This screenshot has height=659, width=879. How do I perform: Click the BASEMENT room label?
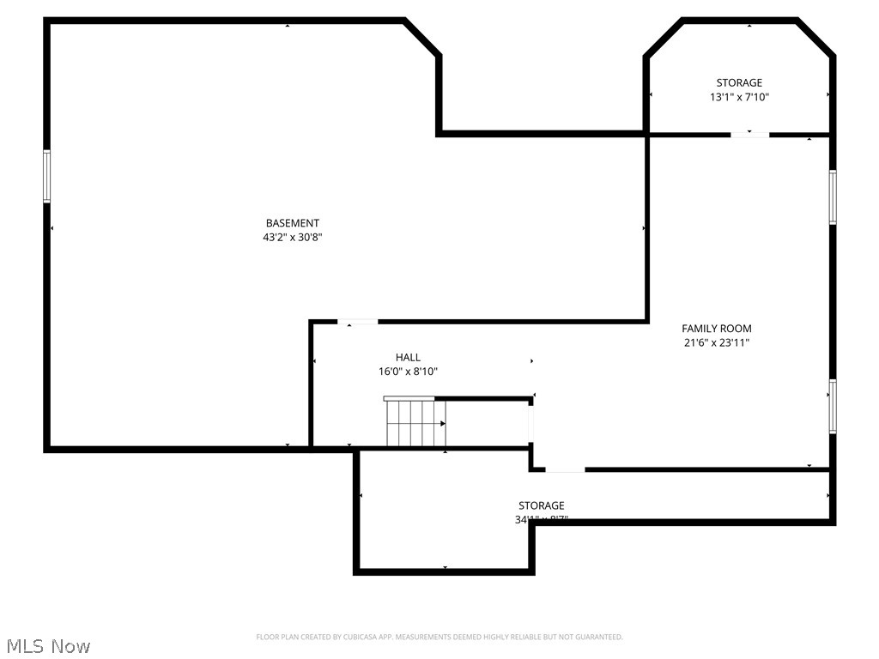click(x=293, y=223)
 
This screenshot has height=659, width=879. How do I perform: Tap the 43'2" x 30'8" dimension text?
click(x=293, y=238)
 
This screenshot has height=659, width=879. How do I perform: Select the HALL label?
click(x=408, y=357)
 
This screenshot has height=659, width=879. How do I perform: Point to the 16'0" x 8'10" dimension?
click(x=408, y=372)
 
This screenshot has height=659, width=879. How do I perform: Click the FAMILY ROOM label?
click(x=717, y=329)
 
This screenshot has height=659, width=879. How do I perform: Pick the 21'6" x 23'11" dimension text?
click(x=717, y=343)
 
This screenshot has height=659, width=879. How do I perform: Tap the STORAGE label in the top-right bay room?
click(x=739, y=83)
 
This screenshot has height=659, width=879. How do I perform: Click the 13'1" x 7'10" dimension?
click(x=739, y=98)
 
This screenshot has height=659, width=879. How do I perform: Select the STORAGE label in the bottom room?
click(x=542, y=505)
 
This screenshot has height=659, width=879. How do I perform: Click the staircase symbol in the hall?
click(x=415, y=423)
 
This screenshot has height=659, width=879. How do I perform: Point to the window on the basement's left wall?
click(x=47, y=177)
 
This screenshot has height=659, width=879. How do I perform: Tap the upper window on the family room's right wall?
click(x=833, y=197)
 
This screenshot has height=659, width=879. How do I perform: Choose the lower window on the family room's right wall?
click(x=833, y=406)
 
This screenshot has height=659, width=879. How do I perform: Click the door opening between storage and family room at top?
click(x=749, y=134)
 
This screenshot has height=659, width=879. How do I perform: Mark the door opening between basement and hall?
click(x=357, y=322)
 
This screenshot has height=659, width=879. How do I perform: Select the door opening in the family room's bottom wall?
click(x=565, y=469)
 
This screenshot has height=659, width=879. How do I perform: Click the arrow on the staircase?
click(x=443, y=423)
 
